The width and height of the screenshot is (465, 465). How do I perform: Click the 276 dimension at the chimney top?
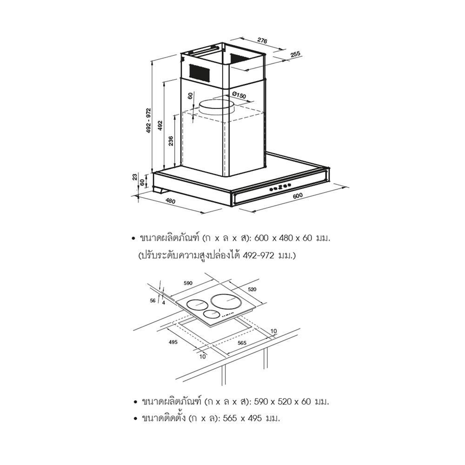(x=262, y=40)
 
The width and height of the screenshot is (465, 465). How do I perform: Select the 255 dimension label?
(x=295, y=54)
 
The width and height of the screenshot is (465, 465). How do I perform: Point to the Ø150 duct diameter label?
(x=239, y=96)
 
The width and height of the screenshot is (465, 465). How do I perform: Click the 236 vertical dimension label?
(x=171, y=141)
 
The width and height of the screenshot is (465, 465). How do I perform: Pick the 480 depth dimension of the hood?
(x=170, y=201)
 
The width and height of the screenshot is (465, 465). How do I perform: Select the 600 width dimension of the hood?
(x=298, y=195)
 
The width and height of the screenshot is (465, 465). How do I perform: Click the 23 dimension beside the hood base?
(x=135, y=177)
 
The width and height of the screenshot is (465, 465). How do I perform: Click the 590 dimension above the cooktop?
(x=188, y=283)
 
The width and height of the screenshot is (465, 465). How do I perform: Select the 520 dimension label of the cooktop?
(x=252, y=289)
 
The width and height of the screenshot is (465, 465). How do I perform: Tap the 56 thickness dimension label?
(x=153, y=301)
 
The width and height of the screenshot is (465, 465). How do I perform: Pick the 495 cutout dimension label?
(x=173, y=342)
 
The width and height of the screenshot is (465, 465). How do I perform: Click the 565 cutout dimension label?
(x=242, y=343)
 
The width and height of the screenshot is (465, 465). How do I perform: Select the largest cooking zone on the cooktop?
(x=226, y=302)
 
